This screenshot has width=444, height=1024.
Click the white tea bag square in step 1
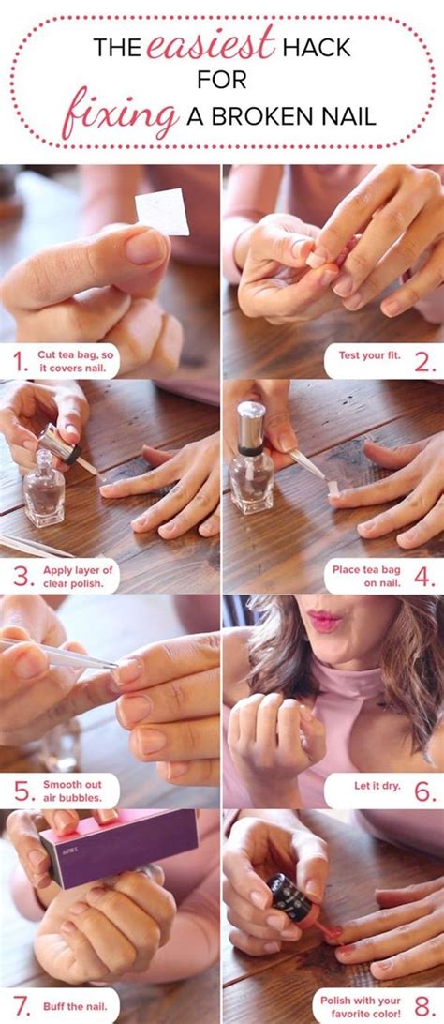[162, 212]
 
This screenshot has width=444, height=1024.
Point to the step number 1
[21, 361]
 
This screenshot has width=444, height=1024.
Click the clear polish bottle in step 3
[44, 493]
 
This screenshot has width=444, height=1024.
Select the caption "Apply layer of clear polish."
[78, 577]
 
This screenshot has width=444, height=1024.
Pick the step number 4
[424, 577]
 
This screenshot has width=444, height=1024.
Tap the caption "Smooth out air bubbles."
[72, 791]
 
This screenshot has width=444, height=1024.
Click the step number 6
[424, 791]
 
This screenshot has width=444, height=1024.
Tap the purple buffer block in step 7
[120, 848]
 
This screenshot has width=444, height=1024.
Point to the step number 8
[424, 1005]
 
